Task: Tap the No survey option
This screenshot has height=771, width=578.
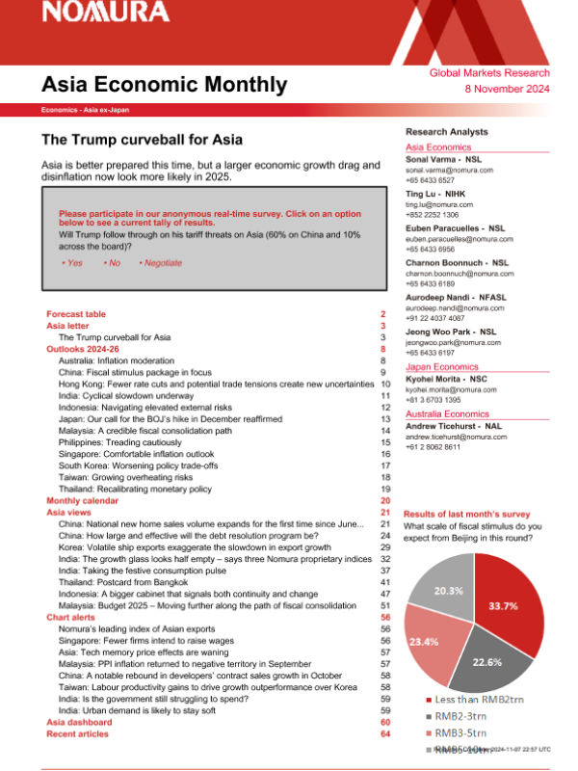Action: coord(112,262)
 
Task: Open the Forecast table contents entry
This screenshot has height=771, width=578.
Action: coord(76,314)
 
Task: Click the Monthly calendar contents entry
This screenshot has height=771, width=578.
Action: coord(85,501)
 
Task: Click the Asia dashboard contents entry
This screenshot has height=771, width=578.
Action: coord(80,722)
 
